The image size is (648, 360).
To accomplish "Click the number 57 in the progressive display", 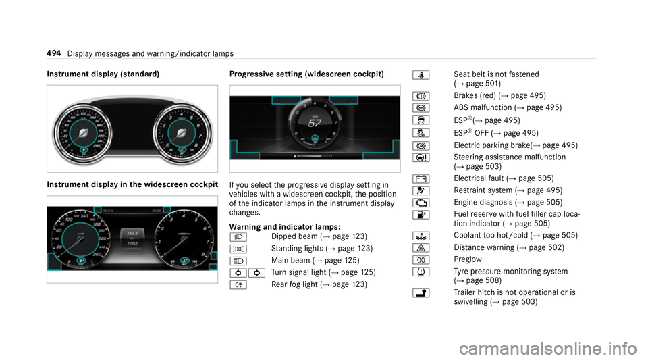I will [x=314, y=123].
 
